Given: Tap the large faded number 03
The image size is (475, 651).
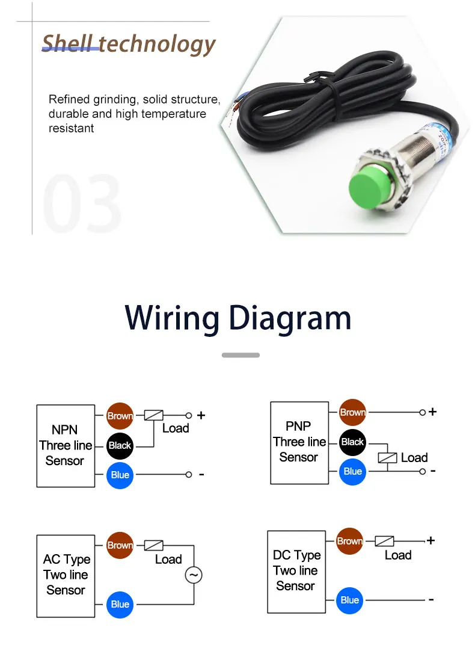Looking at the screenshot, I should pos(82,203).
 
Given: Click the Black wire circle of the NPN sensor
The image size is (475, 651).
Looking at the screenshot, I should pos(120,446).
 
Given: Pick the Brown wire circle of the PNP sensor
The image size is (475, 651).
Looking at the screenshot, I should pos(352,412).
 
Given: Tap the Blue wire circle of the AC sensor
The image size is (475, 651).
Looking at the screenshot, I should pos(120,604).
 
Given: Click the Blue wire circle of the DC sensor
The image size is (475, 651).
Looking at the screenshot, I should pos(349,600).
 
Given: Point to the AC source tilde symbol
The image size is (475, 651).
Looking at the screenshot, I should pos(194,575).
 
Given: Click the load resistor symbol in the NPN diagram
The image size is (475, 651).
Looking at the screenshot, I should pos(154,415).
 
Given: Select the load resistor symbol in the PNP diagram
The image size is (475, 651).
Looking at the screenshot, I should pos(387,458).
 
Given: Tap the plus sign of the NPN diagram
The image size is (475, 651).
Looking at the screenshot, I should pos(201,415).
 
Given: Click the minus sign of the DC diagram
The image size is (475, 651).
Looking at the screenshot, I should pos(431,600).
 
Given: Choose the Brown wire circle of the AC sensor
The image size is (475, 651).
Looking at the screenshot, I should pos(120,545).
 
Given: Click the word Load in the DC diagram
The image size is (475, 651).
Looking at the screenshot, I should pos(398,555).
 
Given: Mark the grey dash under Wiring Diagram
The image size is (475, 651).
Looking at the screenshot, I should pos(241,355).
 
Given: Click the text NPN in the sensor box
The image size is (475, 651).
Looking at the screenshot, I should pos(65,430).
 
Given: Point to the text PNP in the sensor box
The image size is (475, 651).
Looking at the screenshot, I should pos(298,426).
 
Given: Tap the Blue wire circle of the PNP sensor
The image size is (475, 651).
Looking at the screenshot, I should pos(352,471).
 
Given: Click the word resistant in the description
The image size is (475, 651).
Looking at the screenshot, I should pos(71,128).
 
